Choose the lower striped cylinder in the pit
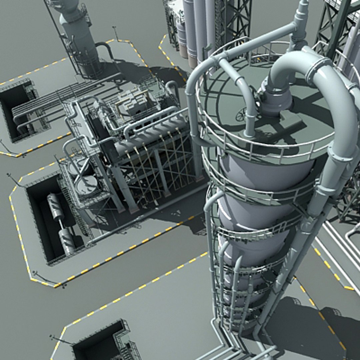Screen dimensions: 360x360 click(67, 240)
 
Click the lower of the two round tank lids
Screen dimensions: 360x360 click(86, 183)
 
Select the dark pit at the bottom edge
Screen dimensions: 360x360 click(100, 343)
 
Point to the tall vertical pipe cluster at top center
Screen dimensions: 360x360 click(197, 27)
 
